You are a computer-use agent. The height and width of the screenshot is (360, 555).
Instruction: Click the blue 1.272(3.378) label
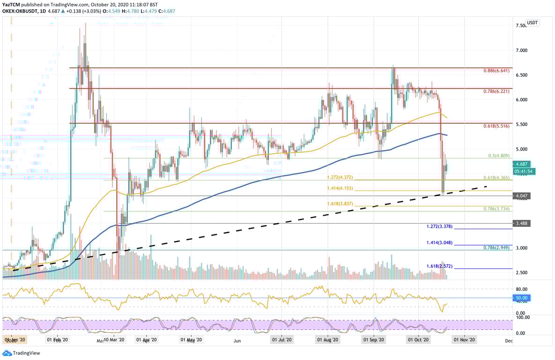439,226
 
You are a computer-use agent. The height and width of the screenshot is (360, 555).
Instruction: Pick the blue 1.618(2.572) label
439,266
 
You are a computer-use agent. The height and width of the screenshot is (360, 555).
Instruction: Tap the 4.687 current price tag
522,164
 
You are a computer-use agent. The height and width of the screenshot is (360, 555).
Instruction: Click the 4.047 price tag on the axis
522,196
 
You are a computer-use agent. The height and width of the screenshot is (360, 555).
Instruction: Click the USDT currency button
532,22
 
